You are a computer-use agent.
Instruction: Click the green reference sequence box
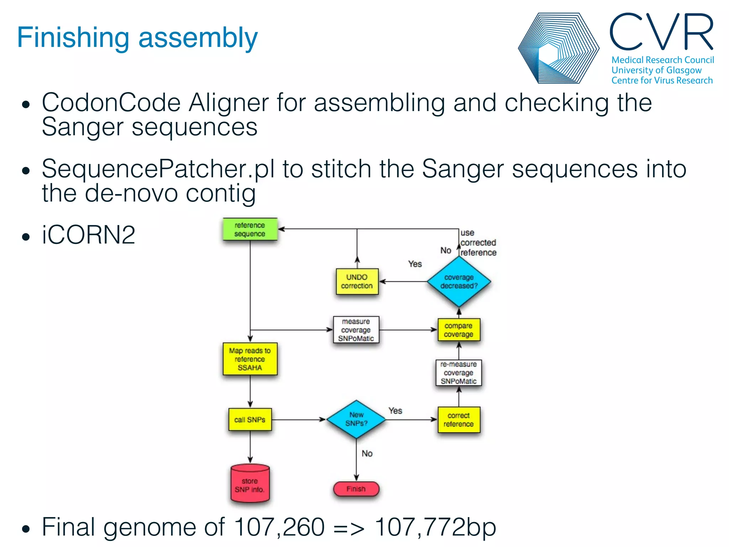[x=250, y=229]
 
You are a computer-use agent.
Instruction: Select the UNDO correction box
[x=357, y=281]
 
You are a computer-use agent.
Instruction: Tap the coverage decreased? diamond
[x=459, y=282]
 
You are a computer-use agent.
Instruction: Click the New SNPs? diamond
[x=356, y=419]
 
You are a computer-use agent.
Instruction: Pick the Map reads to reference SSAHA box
[x=250, y=359]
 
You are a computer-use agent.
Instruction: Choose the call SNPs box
[x=250, y=420]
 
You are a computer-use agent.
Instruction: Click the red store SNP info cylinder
[x=250, y=484]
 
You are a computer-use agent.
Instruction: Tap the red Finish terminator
[x=356, y=489]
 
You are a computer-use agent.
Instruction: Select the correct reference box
[x=458, y=420]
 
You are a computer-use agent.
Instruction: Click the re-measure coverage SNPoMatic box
[x=458, y=373]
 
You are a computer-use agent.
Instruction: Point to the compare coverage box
[x=458, y=330]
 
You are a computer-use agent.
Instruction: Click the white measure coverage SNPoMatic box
[x=356, y=330]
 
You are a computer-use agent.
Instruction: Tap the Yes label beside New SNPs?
[x=395, y=411]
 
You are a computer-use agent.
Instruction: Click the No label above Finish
[x=367, y=453]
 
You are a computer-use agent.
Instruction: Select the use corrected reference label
[x=478, y=243]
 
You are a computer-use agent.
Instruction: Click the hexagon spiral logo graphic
[x=558, y=48]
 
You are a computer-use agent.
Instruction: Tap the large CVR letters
[x=662, y=32]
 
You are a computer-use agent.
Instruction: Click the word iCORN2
[x=88, y=235]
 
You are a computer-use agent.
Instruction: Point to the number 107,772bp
[x=435, y=527]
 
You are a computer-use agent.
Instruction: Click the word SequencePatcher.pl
[x=158, y=169]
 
